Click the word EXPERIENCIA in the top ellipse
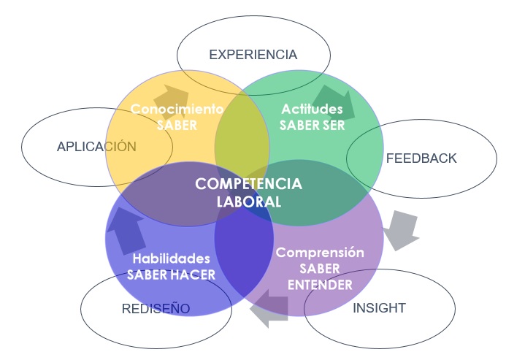click(x=253, y=55)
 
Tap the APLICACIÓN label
click(x=96, y=147)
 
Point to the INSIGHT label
click(x=379, y=308)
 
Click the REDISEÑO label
click(x=156, y=309)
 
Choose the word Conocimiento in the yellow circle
click(x=177, y=110)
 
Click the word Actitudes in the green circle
click(x=312, y=110)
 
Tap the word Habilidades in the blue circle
click(x=171, y=258)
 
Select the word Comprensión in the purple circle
click(x=319, y=253)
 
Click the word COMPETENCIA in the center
click(x=248, y=183)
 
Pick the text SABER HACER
click(x=171, y=275)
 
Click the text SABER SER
click(x=312, y=125)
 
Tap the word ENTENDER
click(x=319, y=284)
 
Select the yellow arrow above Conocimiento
click(x=171, y=96)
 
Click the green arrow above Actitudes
click(x=334, y=102)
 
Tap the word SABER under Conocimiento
click(x=177, y=125)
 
